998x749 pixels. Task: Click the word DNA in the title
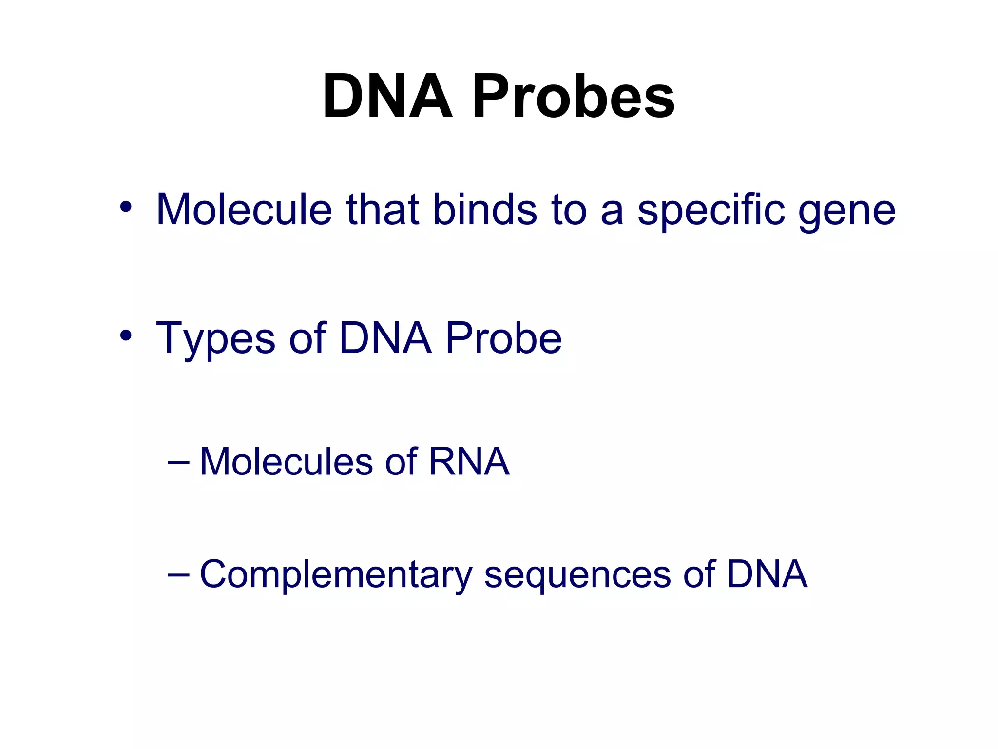[388, 96]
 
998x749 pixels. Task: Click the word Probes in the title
[573, 96]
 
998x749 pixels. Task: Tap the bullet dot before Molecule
[126, 207]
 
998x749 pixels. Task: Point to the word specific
[711, 211]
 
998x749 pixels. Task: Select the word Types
[215, 339]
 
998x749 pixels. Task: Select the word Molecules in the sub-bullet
[286, 461]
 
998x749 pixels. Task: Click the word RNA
[469, 461]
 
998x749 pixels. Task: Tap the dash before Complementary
[178, 574]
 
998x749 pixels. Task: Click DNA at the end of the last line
[767, 574]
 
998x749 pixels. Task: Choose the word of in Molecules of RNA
[401, 461]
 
